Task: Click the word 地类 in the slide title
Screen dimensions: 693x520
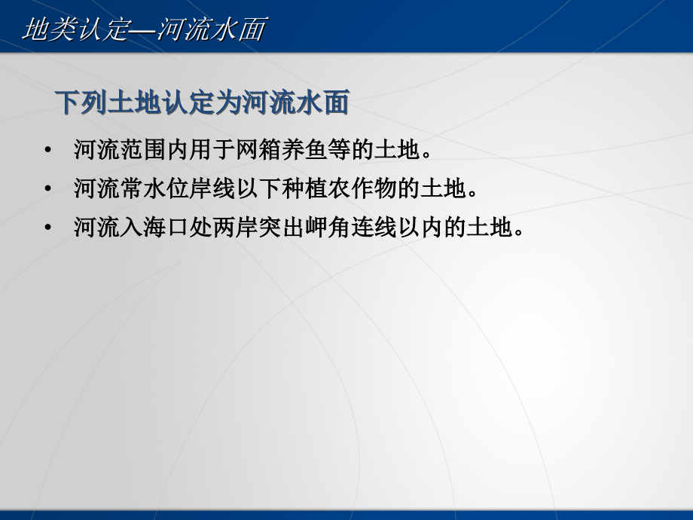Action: click(50, 29)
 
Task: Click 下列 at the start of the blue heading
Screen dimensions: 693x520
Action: click(81, 102)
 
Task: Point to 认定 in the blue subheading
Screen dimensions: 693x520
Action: click(188, 102)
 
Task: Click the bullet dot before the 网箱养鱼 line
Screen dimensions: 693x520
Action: click(48, 149)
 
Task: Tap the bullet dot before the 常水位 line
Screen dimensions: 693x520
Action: click(48, 188)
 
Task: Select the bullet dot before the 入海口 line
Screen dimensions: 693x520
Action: click(48, 228)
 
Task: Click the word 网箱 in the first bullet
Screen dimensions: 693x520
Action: click(258, 149)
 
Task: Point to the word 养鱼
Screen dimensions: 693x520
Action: click(304, 149)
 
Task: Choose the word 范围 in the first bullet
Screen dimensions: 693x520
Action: click(143, 149)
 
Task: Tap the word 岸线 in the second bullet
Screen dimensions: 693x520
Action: click(212, 188)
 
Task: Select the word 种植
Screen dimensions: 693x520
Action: click(304, 188)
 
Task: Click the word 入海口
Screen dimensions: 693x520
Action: click(154, 228)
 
